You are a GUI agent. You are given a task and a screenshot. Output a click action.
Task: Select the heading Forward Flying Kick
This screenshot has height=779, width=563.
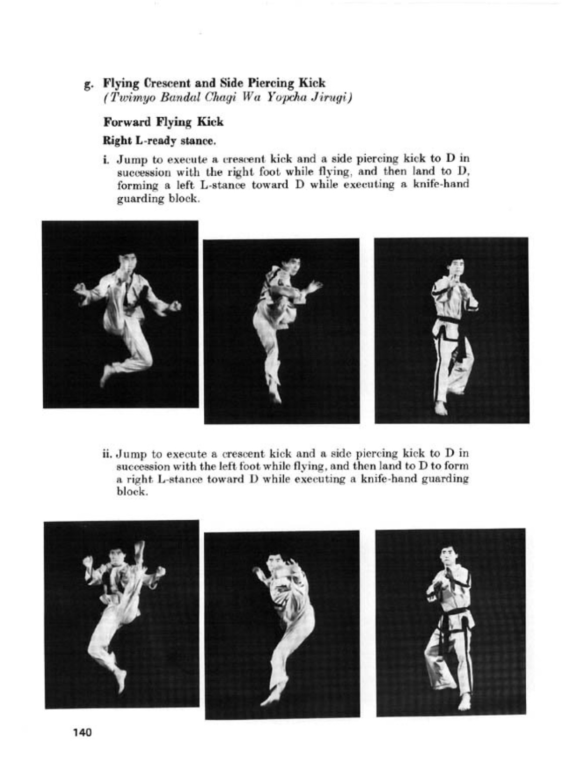click(x=163, y=122)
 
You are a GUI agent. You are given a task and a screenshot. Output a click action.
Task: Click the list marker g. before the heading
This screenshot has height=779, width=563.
click(x=88, y=84)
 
